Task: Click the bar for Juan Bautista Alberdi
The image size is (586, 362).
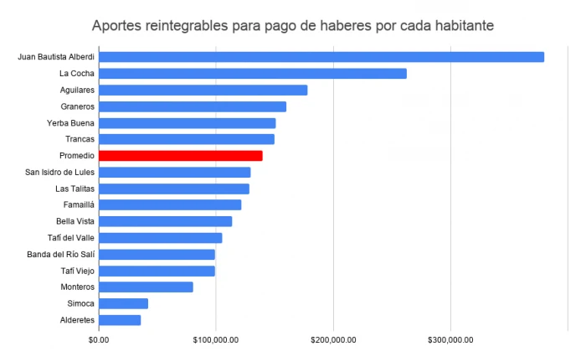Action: tap(321, 57)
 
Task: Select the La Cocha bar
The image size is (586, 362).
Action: tap(253, 74)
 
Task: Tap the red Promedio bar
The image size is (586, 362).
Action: tap(181, 155)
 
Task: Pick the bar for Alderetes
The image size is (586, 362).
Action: tap(120, 319)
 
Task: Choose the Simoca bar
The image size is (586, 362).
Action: tap(123, 303)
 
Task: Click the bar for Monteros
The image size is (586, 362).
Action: tap(146, 287)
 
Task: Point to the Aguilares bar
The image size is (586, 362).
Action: tap(203, 90)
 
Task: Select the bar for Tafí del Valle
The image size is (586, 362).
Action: tap(161, 238)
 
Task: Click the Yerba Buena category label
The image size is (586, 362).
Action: tap(70, 123)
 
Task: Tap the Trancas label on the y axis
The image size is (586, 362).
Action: tap(80, 139)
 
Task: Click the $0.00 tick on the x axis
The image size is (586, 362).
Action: tap(99, 340)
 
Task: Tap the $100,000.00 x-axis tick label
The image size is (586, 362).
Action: tap(216, 340)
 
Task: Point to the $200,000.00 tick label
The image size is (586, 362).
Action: tap(333, 340)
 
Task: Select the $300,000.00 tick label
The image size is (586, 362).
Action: tap(451, 340)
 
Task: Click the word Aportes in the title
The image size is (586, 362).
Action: tap(118, 25)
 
